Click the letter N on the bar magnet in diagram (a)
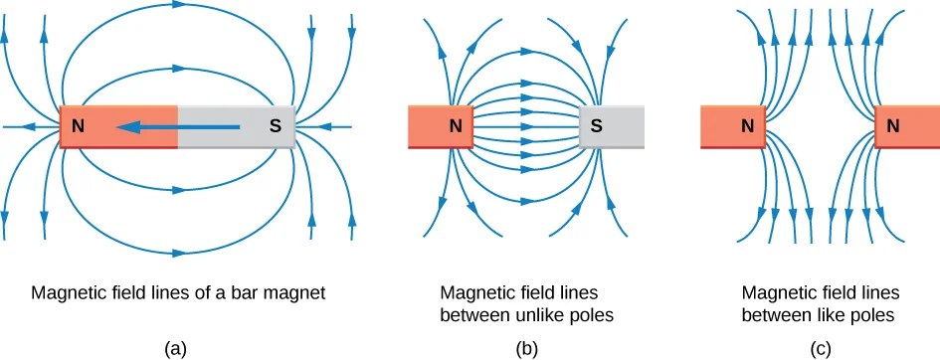[76, 127]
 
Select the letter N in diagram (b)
[455, 126]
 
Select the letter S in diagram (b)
[596, 126]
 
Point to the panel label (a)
[176, 347]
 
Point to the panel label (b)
[527, 347]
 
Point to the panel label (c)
[822, 347]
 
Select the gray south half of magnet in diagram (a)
[236, 127]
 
